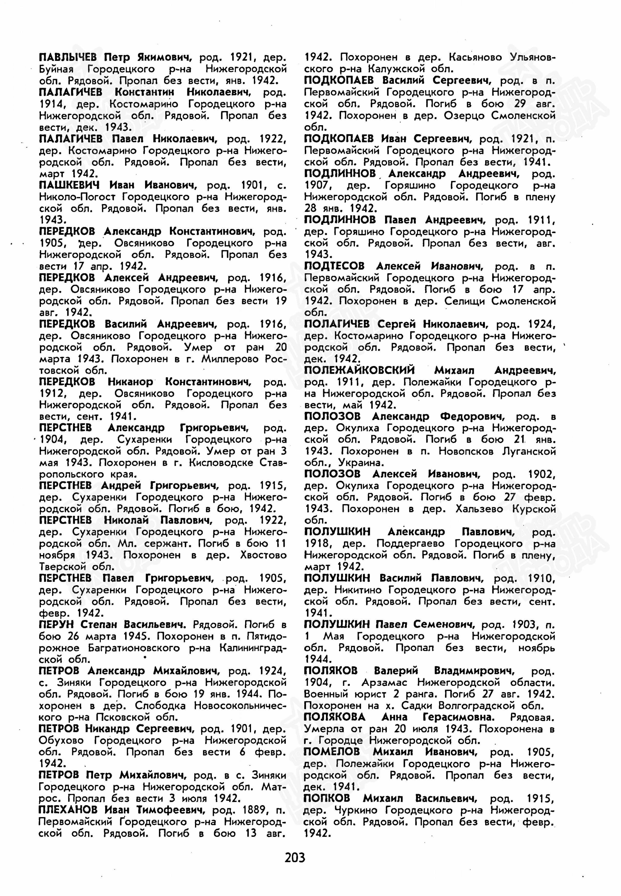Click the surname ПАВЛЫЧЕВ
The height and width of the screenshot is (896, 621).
tap(68, 58)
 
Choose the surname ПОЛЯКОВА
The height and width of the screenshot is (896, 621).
tap(335, 717)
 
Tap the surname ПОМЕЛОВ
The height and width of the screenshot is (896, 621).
tap(332, 752)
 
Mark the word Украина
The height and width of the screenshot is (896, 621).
tap(361, 463)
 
